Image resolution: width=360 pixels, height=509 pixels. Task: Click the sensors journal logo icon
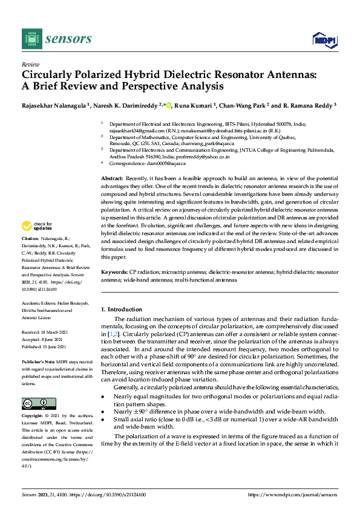pyautogui.click(x=31, y=39)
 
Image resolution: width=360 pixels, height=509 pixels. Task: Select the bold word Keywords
pyautogui.click(x=114, y=273)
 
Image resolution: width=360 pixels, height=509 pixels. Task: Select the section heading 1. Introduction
pyautogui.click(x=121, y=310)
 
